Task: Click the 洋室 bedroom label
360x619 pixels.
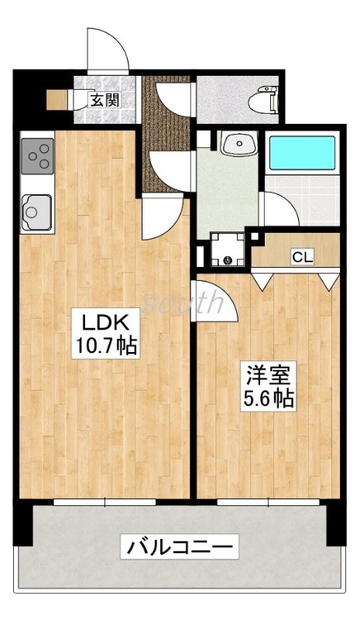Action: [268, 375]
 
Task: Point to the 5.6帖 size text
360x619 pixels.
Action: [268, 400]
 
